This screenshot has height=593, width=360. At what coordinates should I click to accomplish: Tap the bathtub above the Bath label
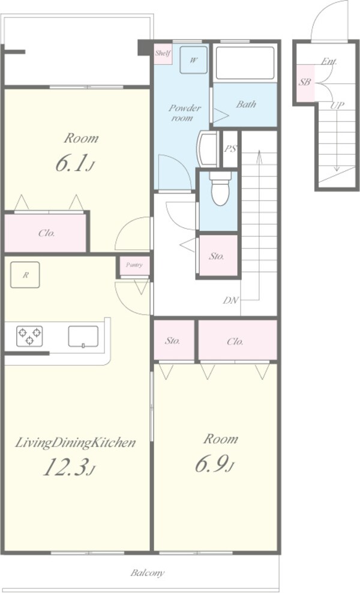245,63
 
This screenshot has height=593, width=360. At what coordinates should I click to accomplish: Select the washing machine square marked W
193,60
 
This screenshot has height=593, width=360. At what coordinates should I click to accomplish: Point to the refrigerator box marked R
25,275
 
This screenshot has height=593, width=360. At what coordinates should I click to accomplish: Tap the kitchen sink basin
83,336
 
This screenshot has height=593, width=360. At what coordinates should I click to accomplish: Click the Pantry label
134,265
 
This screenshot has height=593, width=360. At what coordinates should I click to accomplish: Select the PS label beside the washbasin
230,149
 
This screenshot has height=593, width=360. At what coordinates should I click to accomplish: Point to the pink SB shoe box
305,83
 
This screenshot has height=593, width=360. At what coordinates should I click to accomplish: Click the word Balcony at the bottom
148,573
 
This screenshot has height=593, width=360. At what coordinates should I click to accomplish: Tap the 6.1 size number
74,163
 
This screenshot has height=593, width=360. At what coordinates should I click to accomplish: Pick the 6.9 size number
214,464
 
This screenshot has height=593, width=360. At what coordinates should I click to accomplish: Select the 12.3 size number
68,467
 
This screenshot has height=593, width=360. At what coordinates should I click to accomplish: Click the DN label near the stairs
230,300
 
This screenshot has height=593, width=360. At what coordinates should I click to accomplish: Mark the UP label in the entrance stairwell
337,106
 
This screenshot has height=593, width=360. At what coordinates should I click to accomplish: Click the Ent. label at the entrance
329,61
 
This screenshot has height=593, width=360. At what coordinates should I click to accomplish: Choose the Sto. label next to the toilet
217,256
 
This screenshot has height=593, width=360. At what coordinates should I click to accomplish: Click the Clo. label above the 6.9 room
235,342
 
